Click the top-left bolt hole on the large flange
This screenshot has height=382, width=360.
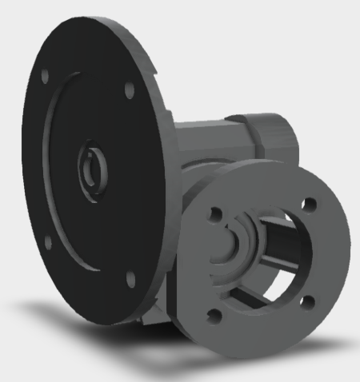(x=45, y=76)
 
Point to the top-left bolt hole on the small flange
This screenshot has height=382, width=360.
(x=214, y=213)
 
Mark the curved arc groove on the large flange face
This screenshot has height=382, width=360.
(x=50, y=160)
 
